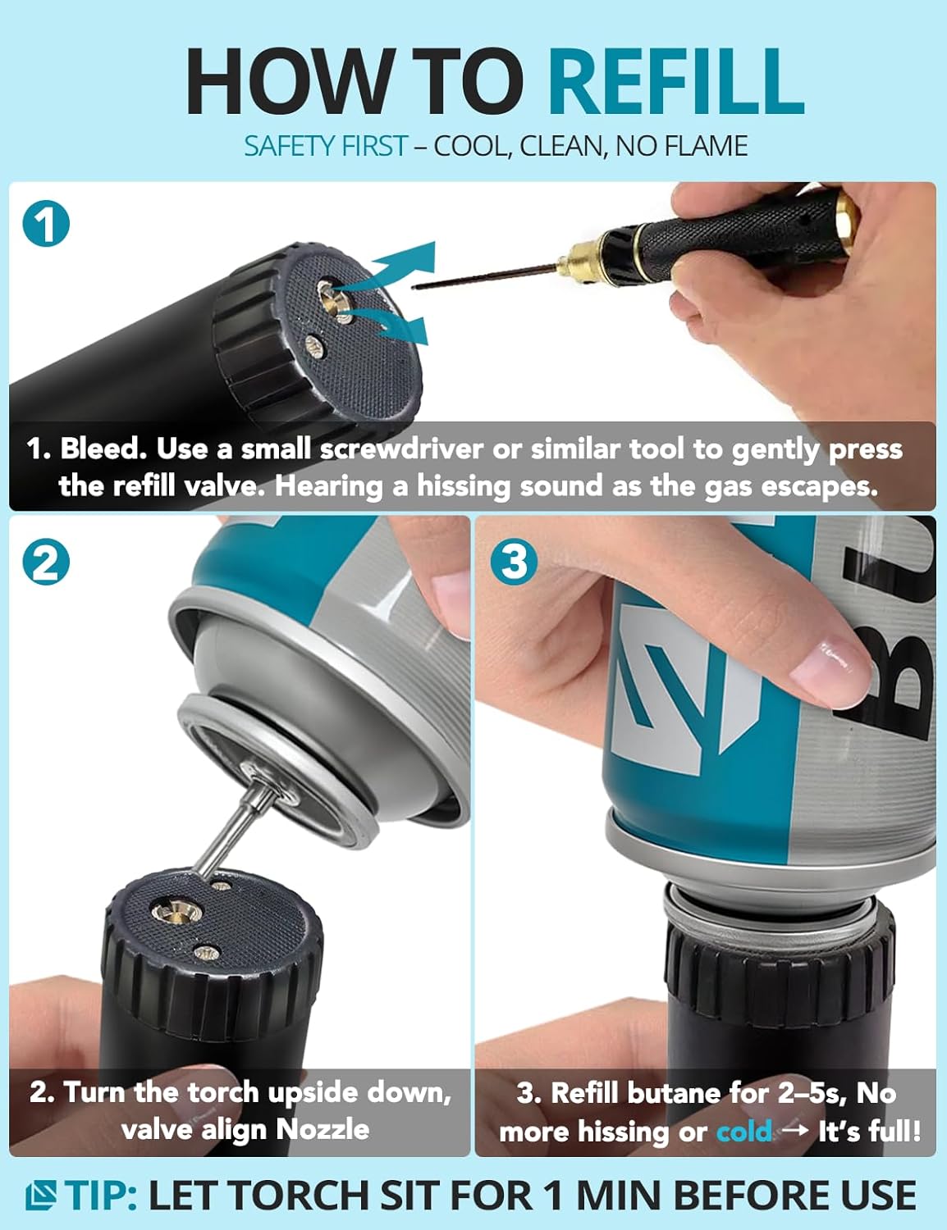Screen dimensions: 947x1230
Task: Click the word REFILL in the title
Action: pos(676,82)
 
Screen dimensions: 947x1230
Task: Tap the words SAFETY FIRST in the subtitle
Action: pos(326,146)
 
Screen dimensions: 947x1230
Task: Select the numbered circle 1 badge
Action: pos(46,223)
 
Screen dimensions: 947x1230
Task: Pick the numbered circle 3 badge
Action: pos(514,562)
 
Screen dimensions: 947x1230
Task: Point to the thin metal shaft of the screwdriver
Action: pos(487,276)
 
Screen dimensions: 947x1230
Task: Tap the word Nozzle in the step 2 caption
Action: pos(323,1130)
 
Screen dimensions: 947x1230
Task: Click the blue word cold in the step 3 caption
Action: pos(744,1132)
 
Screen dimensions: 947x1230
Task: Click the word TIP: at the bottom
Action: pos(101,1195)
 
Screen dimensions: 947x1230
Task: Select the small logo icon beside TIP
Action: pos(41,1195)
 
